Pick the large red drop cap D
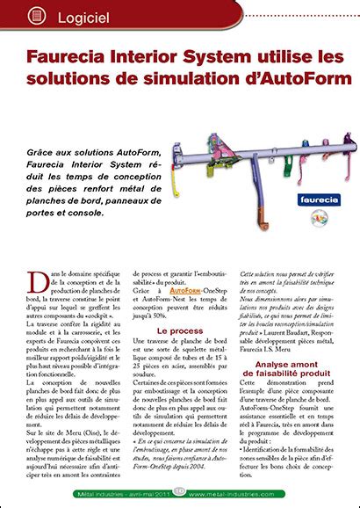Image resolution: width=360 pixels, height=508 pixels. (x=37, y=280)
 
